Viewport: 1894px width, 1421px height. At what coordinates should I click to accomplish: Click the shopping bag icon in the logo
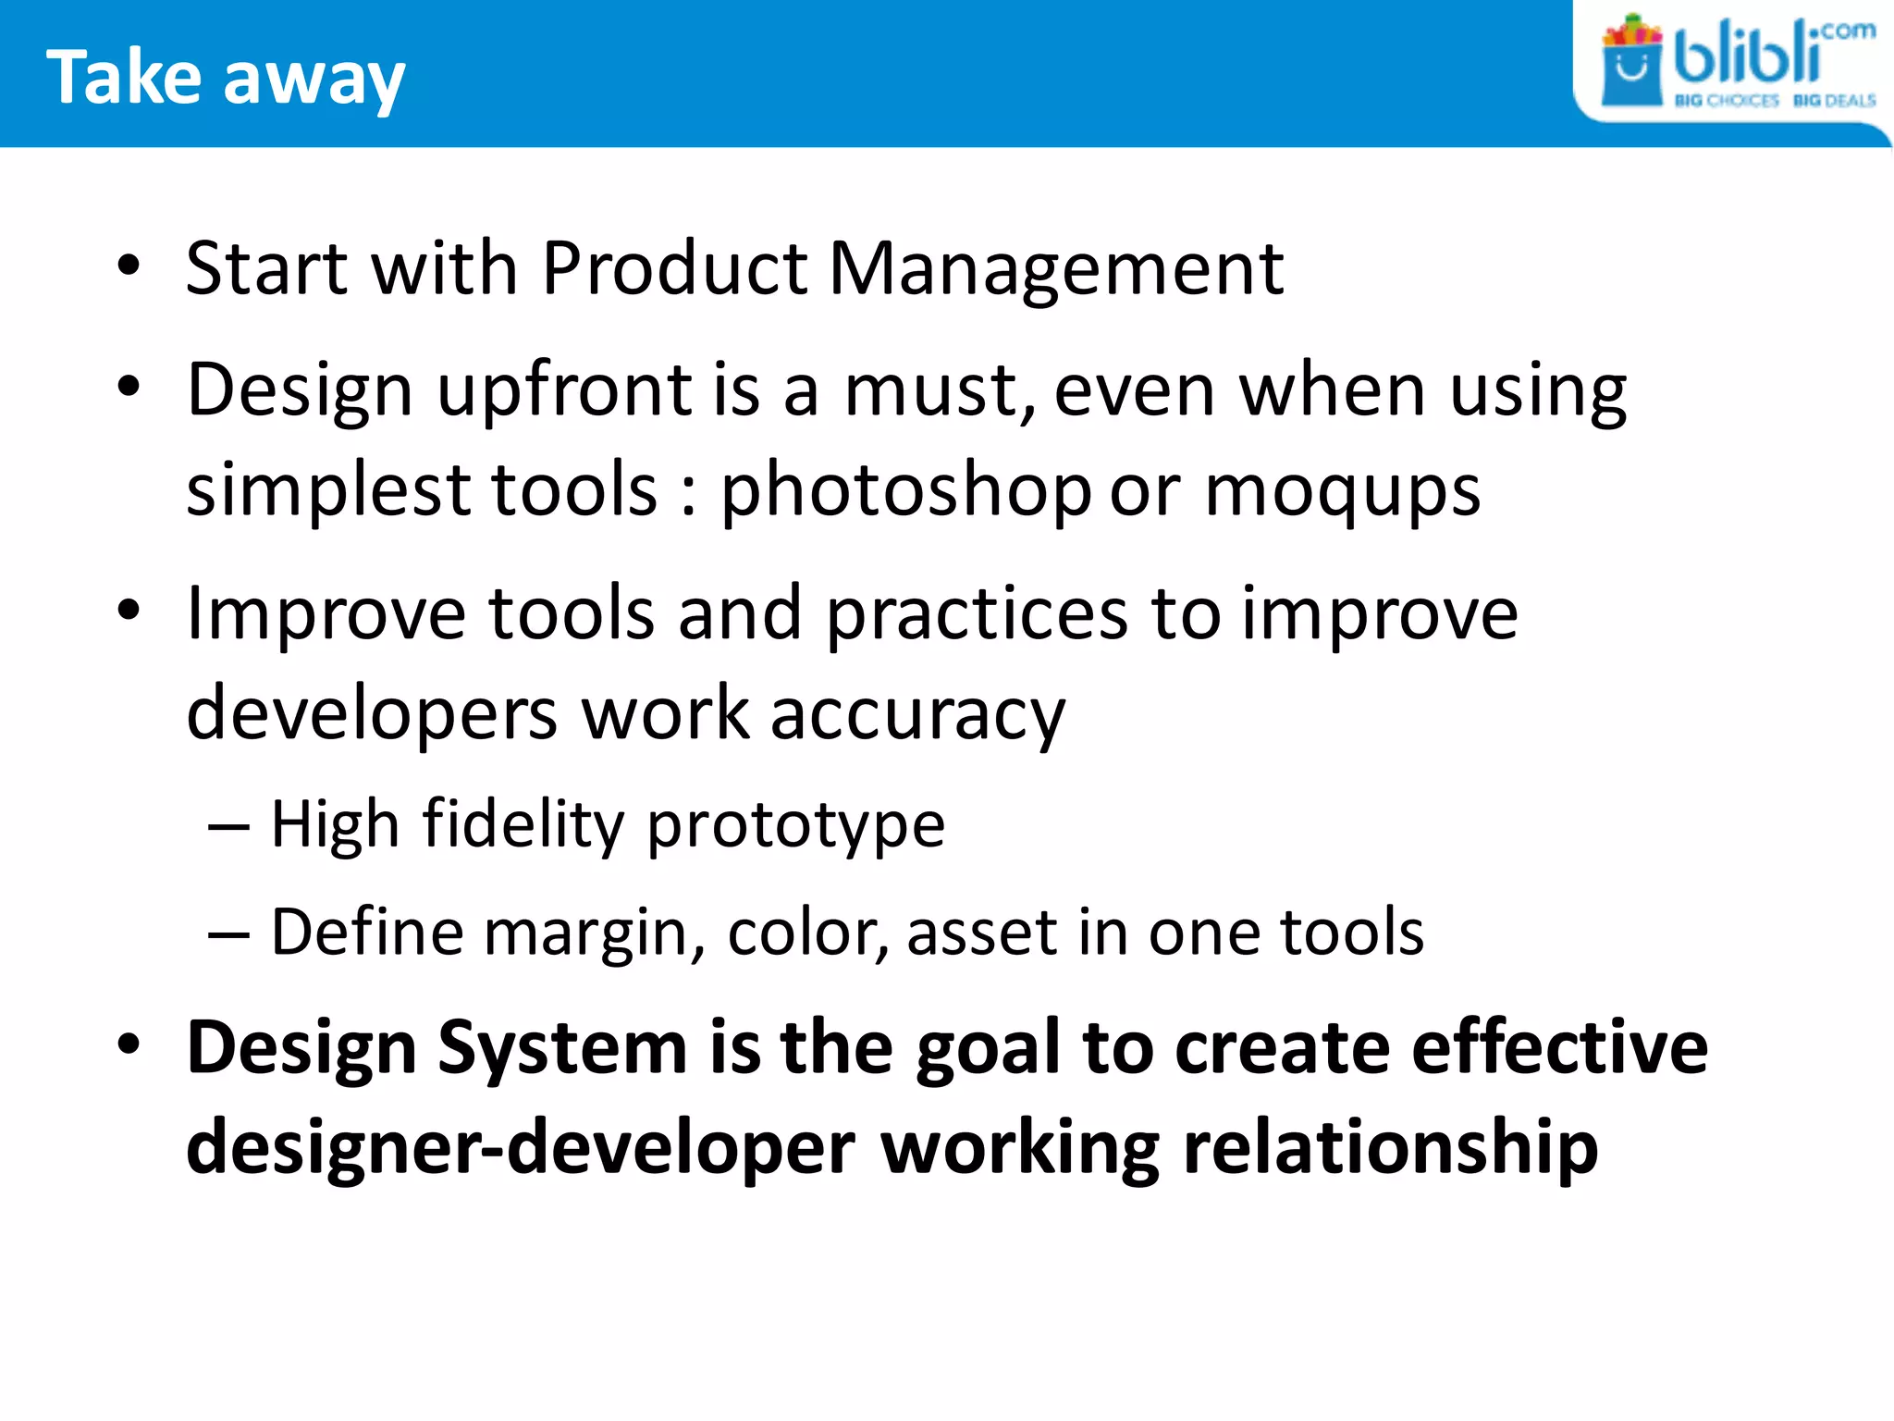[x=1631, y=65]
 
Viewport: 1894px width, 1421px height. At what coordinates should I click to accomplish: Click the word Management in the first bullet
[x=1055, y=269]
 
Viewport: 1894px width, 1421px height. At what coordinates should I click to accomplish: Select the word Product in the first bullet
[x=674, y=269]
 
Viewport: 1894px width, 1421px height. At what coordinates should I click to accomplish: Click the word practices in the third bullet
[x=976, y=615]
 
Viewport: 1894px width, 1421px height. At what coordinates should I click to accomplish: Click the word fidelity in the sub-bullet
[x=523, y=824]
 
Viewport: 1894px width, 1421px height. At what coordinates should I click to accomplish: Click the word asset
[x=981, y=933]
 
